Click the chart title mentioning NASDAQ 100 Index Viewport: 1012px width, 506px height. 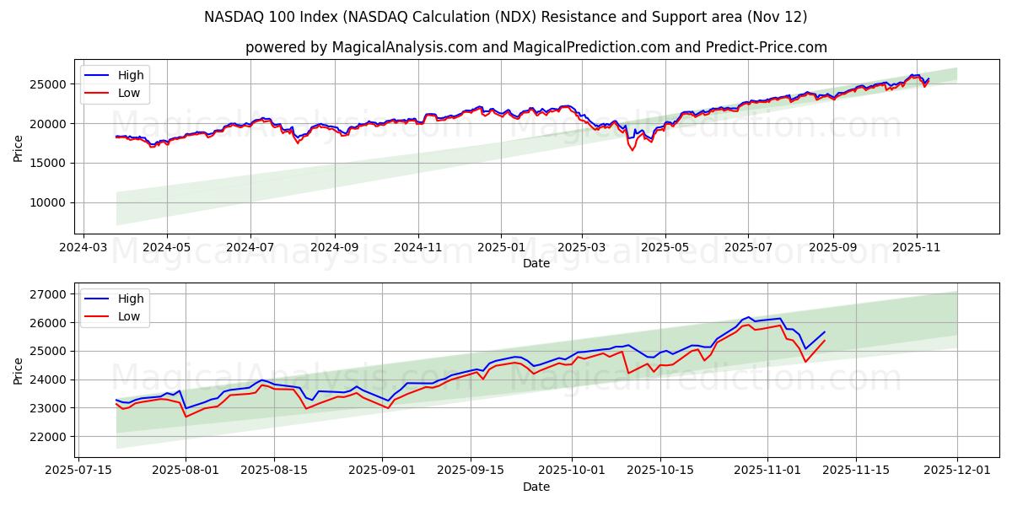tap(505, 17)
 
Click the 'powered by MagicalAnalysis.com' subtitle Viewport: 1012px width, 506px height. tap(536, 47)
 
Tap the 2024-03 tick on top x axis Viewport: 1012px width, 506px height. tap(83, 249)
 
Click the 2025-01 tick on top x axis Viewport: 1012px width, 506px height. tap(501, 249)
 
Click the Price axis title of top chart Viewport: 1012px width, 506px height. tap(19, 148)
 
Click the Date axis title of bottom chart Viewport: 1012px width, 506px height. tap(536, 487)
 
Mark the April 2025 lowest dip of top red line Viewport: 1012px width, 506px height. tap(632, 150)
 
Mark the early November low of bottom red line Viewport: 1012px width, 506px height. tap(805, 363)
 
